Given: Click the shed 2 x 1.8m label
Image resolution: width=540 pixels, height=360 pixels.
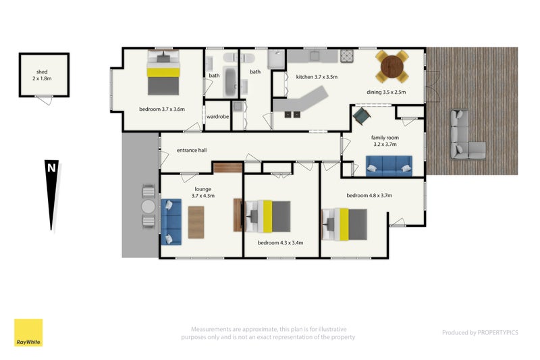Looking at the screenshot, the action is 42,75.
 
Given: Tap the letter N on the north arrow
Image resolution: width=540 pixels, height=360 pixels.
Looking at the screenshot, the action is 51,168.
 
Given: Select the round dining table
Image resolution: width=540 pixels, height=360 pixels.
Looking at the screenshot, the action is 392,66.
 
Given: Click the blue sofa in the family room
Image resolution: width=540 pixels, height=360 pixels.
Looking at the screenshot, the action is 389,165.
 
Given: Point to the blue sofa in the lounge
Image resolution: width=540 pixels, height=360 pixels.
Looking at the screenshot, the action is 171,222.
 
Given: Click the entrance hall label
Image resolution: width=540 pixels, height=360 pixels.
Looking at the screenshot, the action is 192,150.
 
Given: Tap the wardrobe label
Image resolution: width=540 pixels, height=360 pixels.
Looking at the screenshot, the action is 217,117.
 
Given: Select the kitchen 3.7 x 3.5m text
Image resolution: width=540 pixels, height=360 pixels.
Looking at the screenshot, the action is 317,77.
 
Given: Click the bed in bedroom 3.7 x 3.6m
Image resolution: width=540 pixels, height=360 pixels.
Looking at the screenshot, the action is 163,72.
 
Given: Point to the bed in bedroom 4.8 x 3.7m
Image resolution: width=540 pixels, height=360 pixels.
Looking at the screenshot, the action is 344,224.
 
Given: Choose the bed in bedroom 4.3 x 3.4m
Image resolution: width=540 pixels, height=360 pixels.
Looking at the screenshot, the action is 268,216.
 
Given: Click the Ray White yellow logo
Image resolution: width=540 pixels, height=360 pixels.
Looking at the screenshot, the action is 28,332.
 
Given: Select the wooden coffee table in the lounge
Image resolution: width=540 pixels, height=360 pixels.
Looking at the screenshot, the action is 196,222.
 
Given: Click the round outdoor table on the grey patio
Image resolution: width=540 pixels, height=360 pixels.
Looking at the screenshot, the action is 148,207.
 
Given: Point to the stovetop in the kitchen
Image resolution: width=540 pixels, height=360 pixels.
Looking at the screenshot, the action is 348,56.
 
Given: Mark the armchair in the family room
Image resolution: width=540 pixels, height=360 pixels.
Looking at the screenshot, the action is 362,116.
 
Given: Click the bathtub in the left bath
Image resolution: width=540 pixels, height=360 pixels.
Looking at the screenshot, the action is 230,82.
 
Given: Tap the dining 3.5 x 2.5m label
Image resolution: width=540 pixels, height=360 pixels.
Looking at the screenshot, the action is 386,92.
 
